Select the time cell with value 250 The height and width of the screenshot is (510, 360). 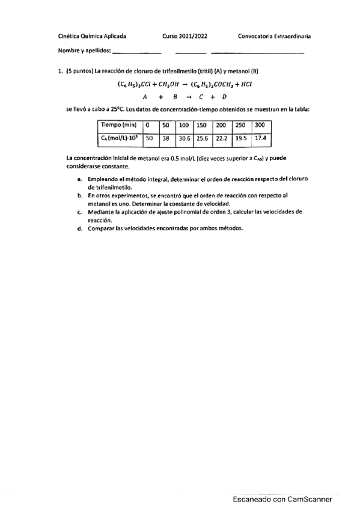point(241,125)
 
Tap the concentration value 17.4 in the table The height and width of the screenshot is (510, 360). point(260,138)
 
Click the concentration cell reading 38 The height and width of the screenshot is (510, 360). point(166,138)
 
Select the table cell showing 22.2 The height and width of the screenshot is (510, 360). point(221,138)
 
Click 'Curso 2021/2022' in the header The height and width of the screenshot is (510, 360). point(185,36)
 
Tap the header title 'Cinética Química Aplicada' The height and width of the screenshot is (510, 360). point(92,36)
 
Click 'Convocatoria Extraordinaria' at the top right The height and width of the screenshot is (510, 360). point(274,36)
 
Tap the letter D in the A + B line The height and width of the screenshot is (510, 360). point(224,96)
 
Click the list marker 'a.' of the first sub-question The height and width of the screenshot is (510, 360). point(80,180)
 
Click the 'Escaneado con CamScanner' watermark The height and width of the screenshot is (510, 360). point(282,499)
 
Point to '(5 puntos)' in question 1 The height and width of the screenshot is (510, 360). point(80,71)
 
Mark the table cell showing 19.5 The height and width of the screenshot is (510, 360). point(241,138)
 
